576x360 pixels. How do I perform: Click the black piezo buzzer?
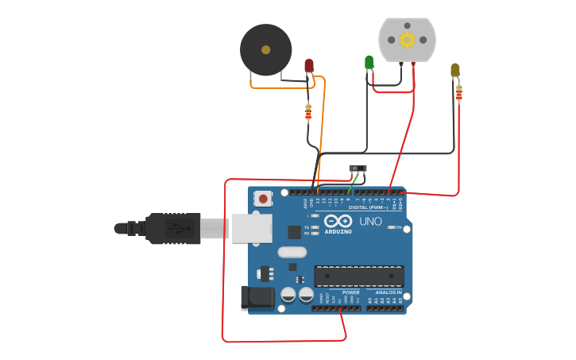tap(266, 50)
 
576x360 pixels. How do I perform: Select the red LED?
tap(309, 66)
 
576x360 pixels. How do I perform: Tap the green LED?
tap(369, 62)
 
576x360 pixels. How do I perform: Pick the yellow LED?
tap(455, 70)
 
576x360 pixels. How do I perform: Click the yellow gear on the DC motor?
tap(407, 40)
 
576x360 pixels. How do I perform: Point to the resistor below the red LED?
tap(308, 113)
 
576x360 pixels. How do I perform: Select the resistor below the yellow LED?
tap(458, 93)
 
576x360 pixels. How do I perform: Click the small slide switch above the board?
tap(358, 168)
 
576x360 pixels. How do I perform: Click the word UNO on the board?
tap(370, 221)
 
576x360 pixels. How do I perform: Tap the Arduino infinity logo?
tap(338, 221)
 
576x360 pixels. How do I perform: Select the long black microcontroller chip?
tap(358, 277)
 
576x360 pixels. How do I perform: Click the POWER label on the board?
tap(350, 292)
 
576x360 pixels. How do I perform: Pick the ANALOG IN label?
tap(389, 292)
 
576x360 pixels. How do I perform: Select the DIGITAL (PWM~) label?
tap(368, 207)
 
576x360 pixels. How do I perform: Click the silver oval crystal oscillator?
tap(292, 253)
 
